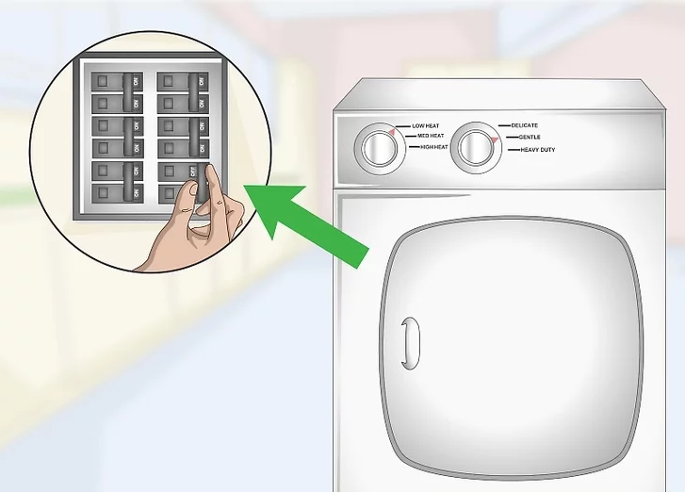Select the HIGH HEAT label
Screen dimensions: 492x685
(x=434, y=148)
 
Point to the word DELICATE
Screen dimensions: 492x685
(x=525, y=125)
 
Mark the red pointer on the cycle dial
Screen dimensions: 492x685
(x=491, y=139)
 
